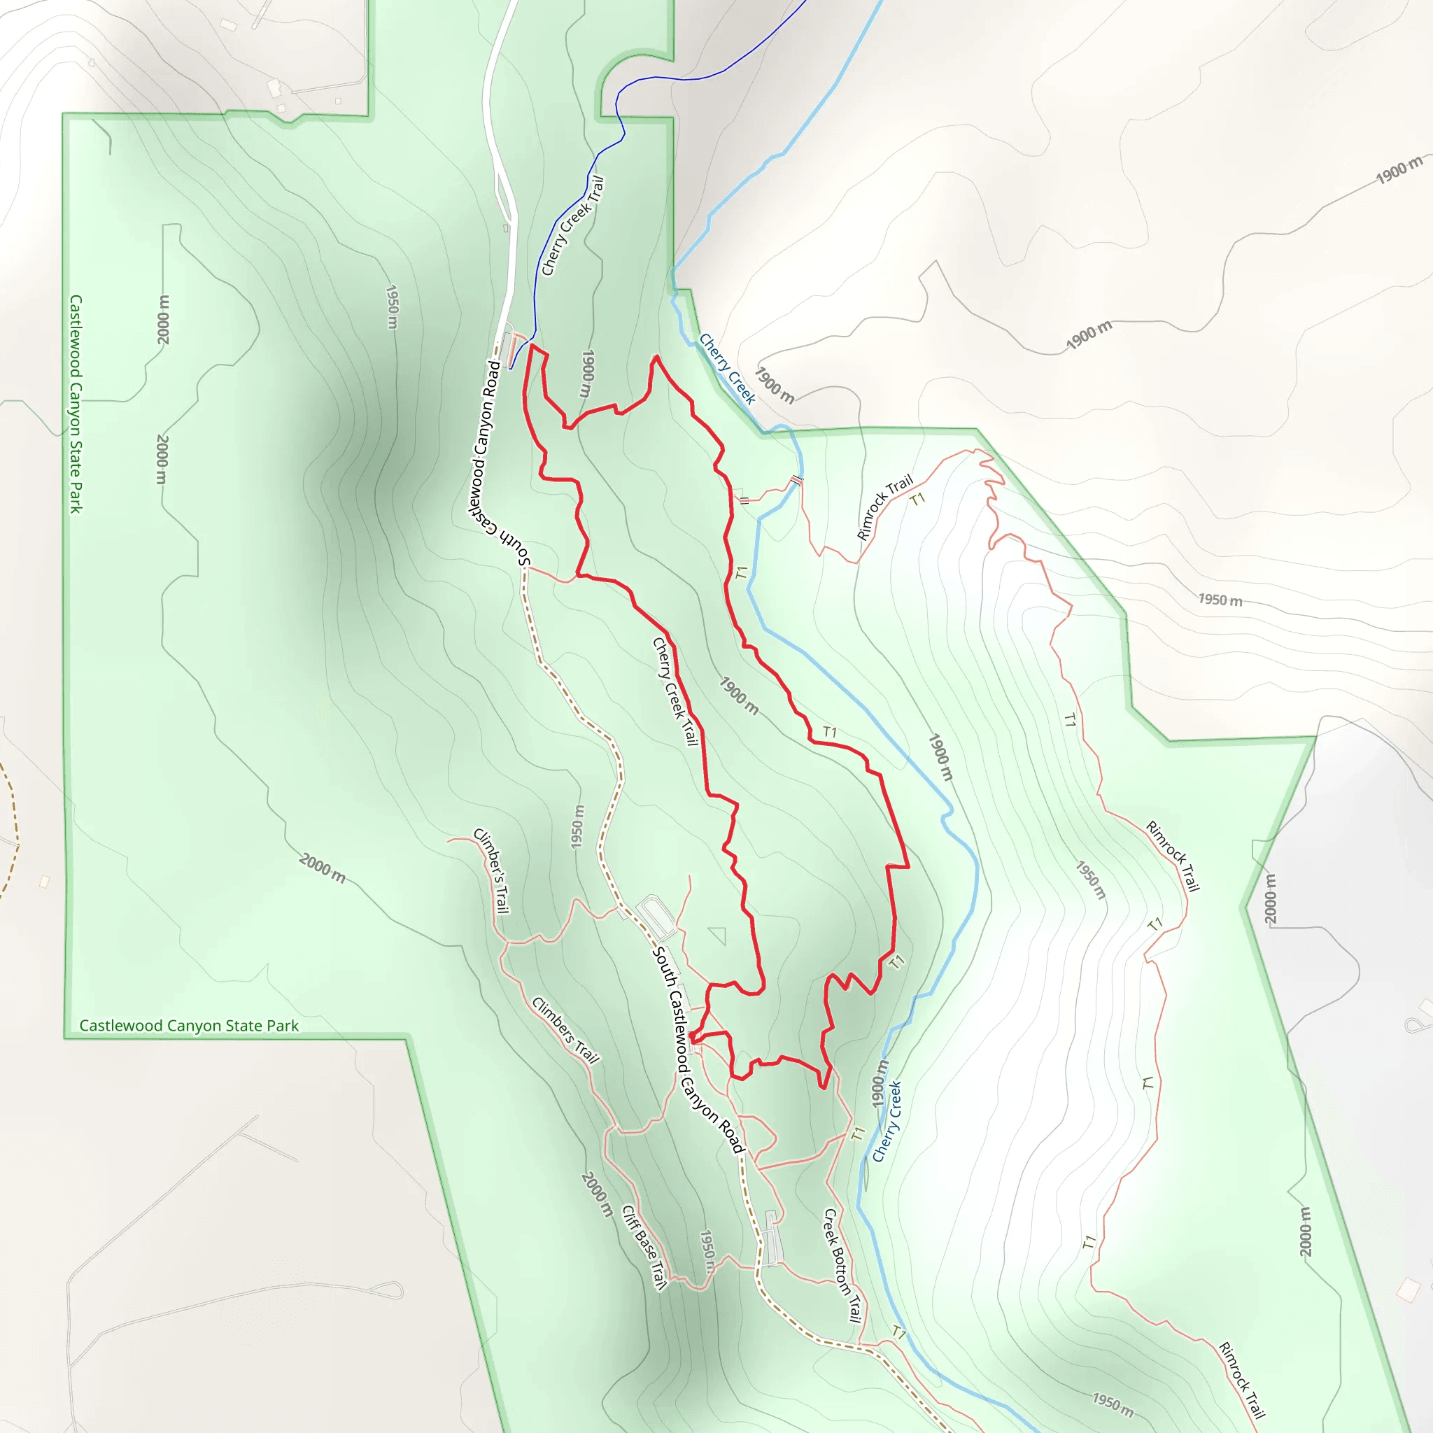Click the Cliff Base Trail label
[644, 1247]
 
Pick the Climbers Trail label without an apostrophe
[565, 1030]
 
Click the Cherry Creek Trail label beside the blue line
[572, 225]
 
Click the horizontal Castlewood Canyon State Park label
[188, 1026]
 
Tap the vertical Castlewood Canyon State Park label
[76, 404]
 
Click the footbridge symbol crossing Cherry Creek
[796, 481]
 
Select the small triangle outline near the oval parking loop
[717, 936]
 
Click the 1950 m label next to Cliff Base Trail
[707, 1251]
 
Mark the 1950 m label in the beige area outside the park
[1220, 600]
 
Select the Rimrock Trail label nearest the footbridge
[884, 507]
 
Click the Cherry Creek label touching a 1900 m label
[727, 369]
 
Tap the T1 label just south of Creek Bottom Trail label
[898, 1334]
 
